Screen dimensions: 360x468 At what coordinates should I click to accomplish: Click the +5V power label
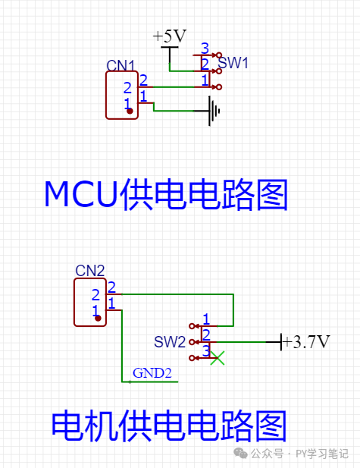[170, 36]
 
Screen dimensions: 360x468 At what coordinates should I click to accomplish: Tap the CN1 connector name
[121, 66]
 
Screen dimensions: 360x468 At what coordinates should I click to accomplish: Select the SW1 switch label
[233, 63]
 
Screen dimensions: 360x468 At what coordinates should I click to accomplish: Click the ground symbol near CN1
[211, 111]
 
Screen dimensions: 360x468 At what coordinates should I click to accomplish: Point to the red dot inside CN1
[130, 111]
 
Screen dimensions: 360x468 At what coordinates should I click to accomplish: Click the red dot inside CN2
[98, 318]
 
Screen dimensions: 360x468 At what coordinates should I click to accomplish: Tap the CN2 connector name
[89, 271]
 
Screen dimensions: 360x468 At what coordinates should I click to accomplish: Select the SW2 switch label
[170, 342]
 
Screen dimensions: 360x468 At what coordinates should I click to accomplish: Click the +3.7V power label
[306, 342]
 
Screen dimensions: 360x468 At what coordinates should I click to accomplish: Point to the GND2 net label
[152, 373]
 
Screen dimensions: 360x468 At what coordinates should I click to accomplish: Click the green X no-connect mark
[218, 358]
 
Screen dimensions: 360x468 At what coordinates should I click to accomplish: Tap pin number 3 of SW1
[205, 49]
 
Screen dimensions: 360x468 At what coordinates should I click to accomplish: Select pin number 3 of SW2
[206, 351]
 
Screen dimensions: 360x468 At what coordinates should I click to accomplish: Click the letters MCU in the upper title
[81, 194]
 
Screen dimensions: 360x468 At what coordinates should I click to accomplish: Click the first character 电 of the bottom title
[67, 426]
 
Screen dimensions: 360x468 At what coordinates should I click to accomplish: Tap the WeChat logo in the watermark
[240, 454]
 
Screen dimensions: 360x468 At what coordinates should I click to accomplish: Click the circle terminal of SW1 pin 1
[219, 87]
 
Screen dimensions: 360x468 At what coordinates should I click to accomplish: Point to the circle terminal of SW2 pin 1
[192, 326]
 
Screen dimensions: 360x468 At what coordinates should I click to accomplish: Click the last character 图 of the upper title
[272, 194]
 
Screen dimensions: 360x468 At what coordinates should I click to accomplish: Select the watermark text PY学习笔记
[322, 454]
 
